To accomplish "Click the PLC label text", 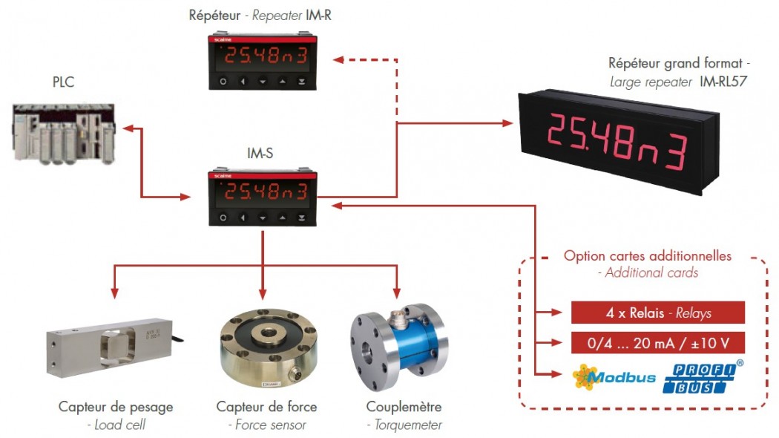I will pos(63,82).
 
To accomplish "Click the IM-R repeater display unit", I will pos(262,60).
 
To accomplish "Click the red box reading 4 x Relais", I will pos(657,313).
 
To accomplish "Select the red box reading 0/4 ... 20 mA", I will pos(657,343).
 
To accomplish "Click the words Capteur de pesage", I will pos(116,407).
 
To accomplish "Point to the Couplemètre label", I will pos(404,407).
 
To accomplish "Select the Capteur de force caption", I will pos(266,407).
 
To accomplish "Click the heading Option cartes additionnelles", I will pos(647,256).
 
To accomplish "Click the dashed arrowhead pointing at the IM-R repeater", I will pos(336,59).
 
